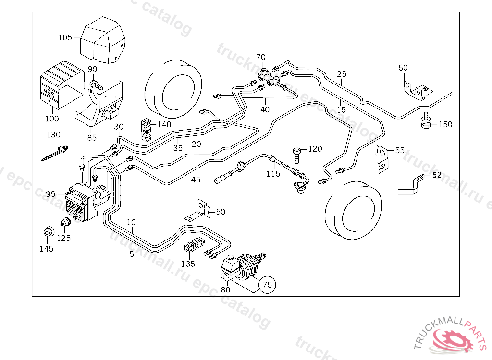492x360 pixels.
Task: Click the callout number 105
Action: click(x=65, y=37)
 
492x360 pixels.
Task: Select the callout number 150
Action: click(x=445, y=125)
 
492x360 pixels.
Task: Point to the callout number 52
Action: click(x=436, y=175)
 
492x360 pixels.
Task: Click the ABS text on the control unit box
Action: click(x=49, y=91)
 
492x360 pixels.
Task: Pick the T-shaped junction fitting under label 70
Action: click(x=269, y=78)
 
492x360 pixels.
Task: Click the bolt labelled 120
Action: click(x=297, y=154)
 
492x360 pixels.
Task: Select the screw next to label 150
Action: click(x=425, y=122)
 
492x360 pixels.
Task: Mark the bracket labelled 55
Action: click(x=382, y=157)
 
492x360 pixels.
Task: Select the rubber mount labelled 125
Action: click(x=64, y=223)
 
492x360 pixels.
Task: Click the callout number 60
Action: click(x=403, y=68)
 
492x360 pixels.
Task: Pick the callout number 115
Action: click(x=273, y=174)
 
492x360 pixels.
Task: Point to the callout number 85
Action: click(x=92, y=138)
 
